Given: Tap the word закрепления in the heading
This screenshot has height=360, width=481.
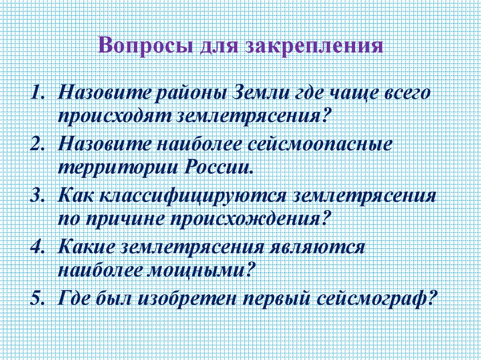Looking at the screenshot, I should (313, 46).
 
